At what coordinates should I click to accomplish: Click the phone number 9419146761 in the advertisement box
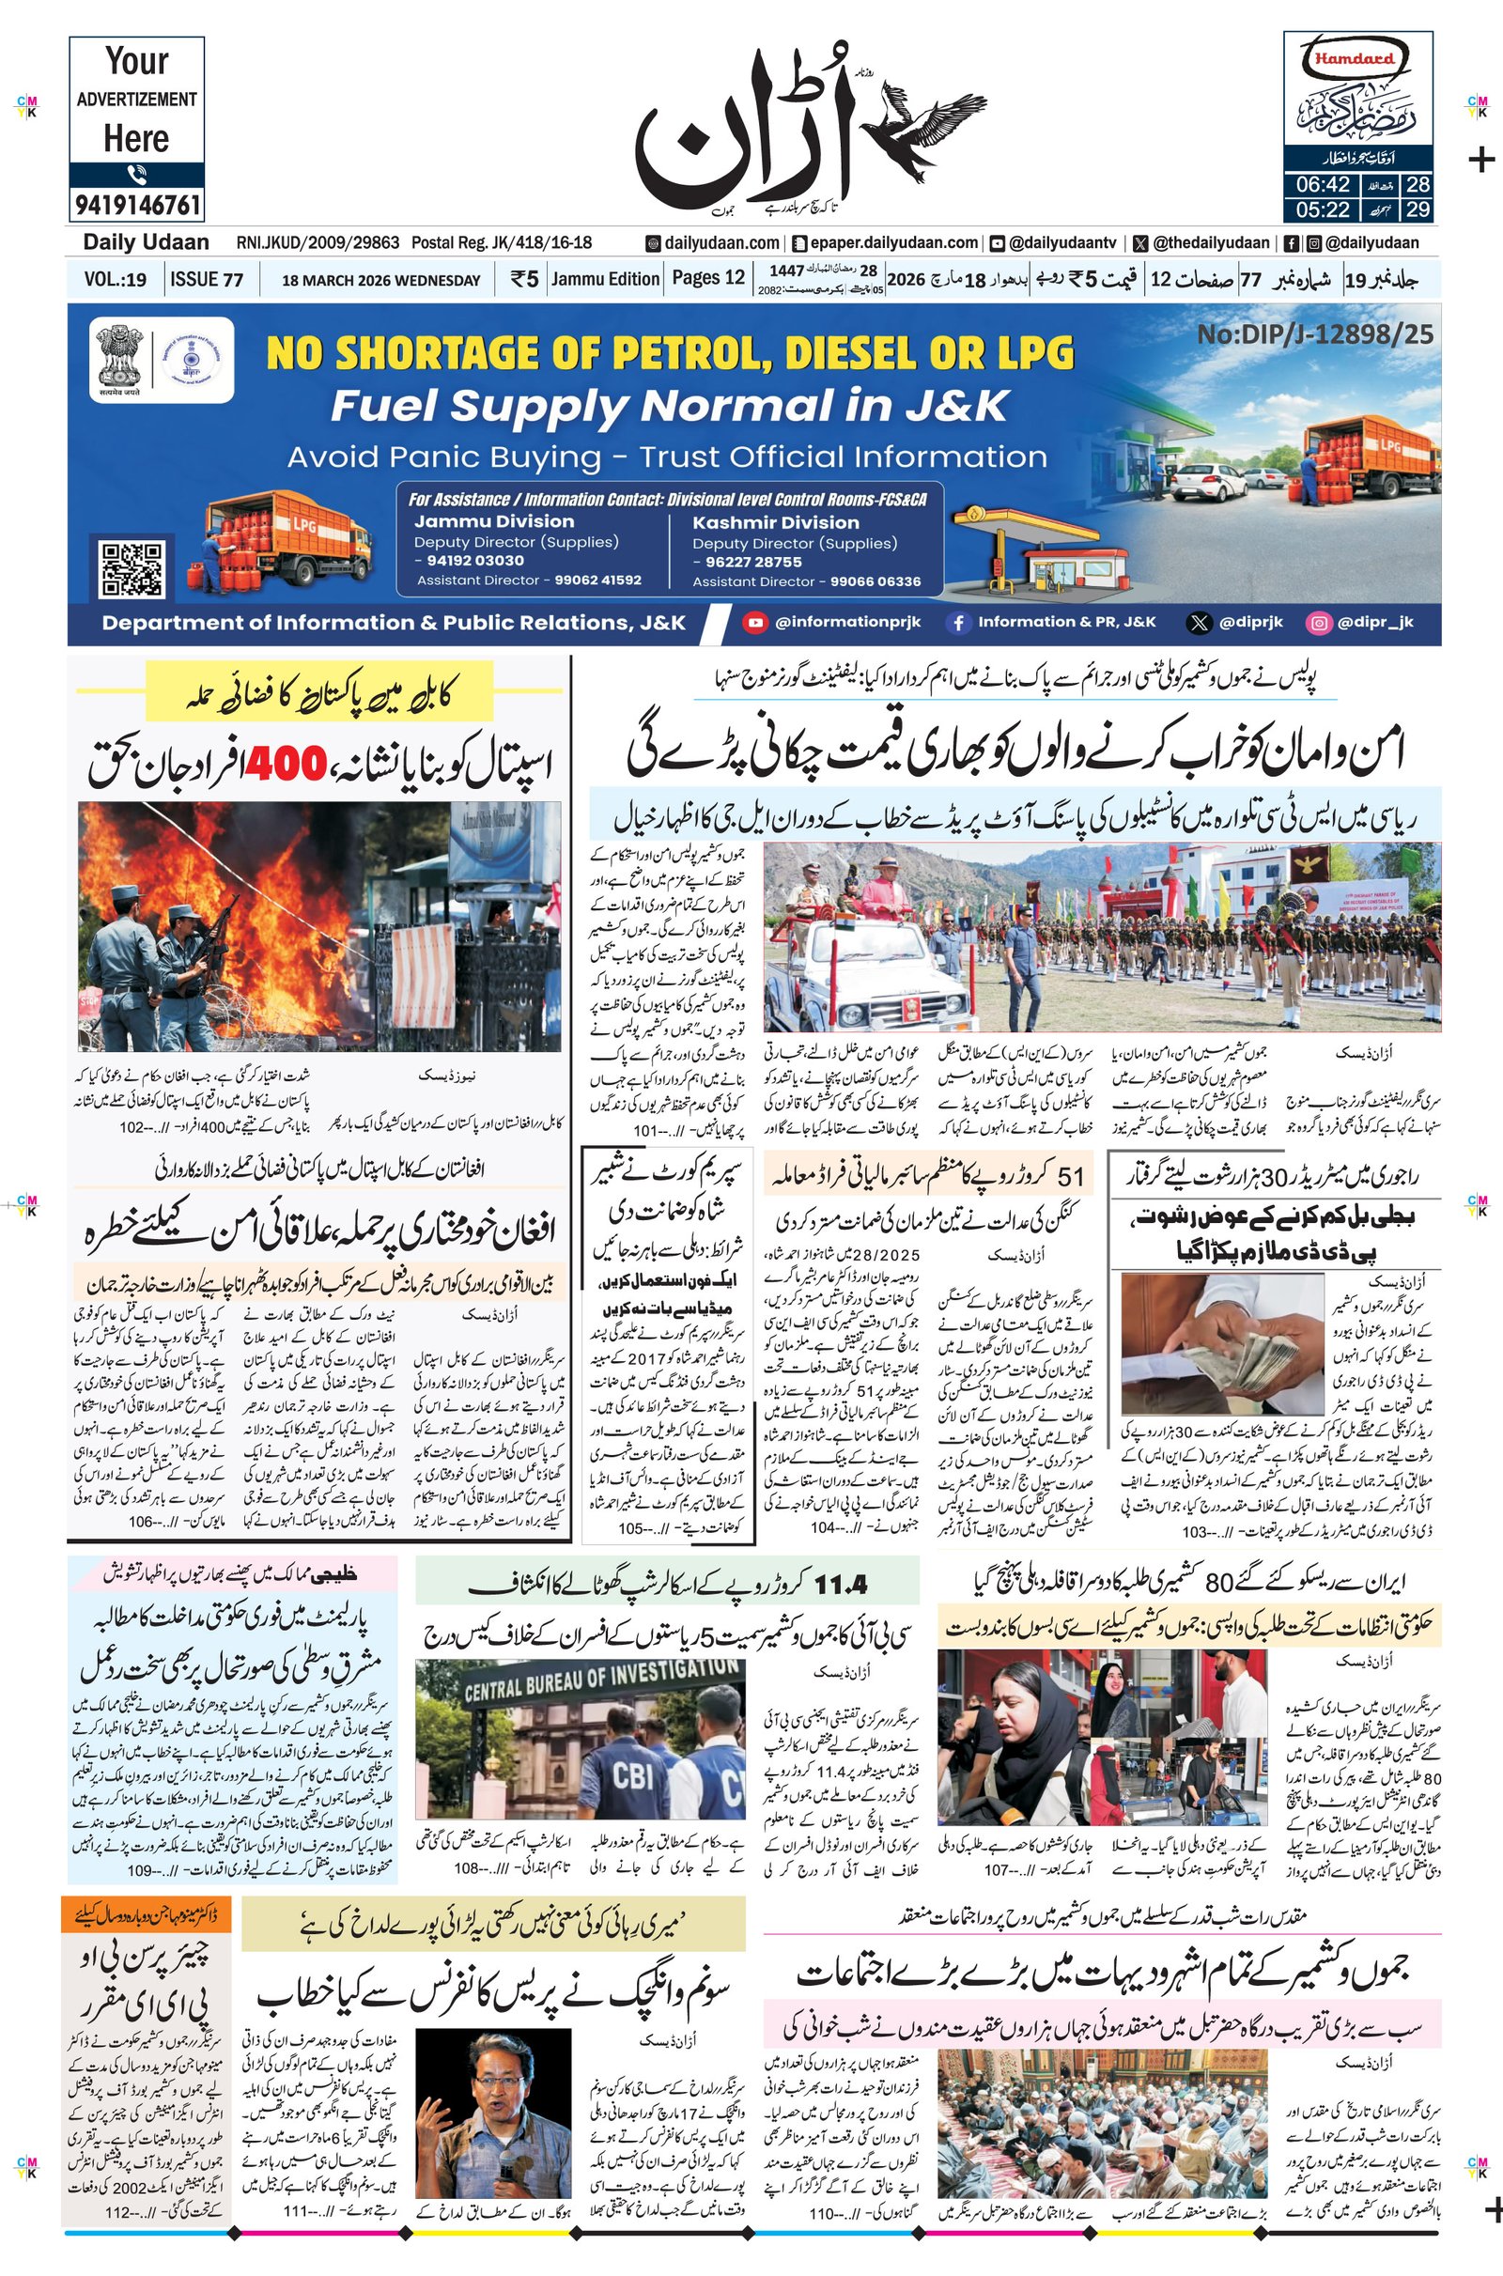tap(136, 204)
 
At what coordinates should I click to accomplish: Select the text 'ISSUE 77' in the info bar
tap(206, 280)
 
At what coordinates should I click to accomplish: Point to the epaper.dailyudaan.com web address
tap(886, 243)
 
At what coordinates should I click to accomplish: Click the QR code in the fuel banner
tap(132, 568)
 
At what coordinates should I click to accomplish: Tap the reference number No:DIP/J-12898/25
tap(1315, 333)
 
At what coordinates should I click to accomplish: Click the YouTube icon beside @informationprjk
tap(755, 622)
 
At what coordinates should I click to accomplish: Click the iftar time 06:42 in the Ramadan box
tap(1323, 185)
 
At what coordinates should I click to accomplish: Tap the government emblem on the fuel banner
tap(121, 359)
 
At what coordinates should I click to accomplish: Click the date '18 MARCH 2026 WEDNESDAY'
tap(380, 281)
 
